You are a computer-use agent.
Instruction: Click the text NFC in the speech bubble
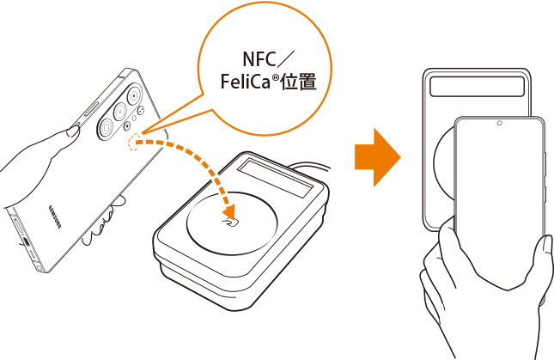point(259,59)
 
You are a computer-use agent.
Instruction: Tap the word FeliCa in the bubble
point(245,82)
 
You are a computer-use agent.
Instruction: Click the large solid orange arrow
point(378,157)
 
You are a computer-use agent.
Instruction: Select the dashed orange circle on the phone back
point(134,142)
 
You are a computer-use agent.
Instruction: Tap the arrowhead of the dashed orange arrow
point(229,211)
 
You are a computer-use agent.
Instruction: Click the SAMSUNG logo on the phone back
point(55,217)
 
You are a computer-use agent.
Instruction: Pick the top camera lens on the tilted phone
point(134,95)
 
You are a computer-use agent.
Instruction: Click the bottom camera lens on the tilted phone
point(106,127)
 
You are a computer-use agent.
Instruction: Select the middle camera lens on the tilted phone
point(120,112)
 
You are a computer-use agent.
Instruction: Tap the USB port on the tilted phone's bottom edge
point(26,242)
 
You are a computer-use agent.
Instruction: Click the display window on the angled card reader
point(275,178)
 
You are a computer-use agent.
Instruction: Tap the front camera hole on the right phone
point(499,124)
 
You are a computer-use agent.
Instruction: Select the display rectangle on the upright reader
point(477,86)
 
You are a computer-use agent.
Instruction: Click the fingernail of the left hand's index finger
point(74,131)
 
